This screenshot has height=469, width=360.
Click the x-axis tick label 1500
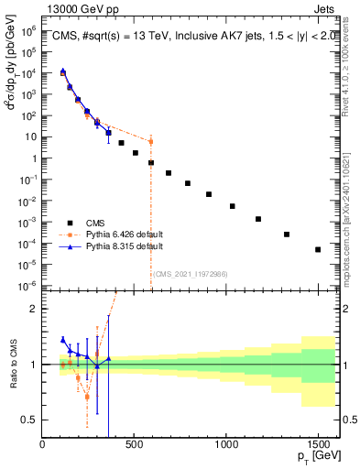(319, 444)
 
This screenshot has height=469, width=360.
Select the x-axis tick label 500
(135, 444)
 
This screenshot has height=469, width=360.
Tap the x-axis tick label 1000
(226, 444)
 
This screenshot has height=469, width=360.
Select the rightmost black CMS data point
(318, 249)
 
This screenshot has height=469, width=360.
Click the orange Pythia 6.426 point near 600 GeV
(151, 142)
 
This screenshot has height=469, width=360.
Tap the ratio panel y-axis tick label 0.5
(29, 420)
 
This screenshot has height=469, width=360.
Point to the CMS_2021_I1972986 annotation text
(191, 273)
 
